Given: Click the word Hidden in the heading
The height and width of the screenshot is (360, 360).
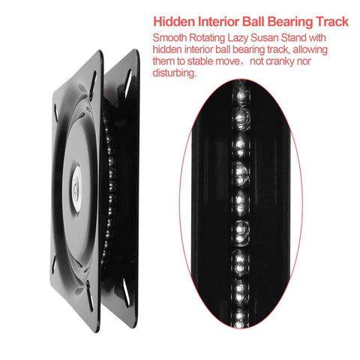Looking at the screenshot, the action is (x=174, y=22).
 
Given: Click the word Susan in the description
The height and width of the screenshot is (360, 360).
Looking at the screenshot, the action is (x=265, y=38).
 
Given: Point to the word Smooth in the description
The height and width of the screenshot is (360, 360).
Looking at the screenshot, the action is (x=169, y=38).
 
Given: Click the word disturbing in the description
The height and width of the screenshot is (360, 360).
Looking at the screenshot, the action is (x=175, y=73).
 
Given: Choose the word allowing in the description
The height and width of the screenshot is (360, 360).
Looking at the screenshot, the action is (x=310, y=50).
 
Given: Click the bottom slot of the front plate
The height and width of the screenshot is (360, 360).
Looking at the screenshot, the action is (x=89, y=295).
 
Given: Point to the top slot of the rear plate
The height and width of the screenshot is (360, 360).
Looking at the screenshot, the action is (x=128, y=79).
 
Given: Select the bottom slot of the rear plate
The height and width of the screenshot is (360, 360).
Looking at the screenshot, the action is (x=126, y=292).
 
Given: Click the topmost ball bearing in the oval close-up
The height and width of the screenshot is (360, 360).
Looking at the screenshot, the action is (x=241, y=94).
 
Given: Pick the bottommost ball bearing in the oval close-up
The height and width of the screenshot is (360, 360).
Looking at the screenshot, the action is (x=240, y=317).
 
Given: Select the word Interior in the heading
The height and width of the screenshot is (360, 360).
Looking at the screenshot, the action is (x=219, y=22).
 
